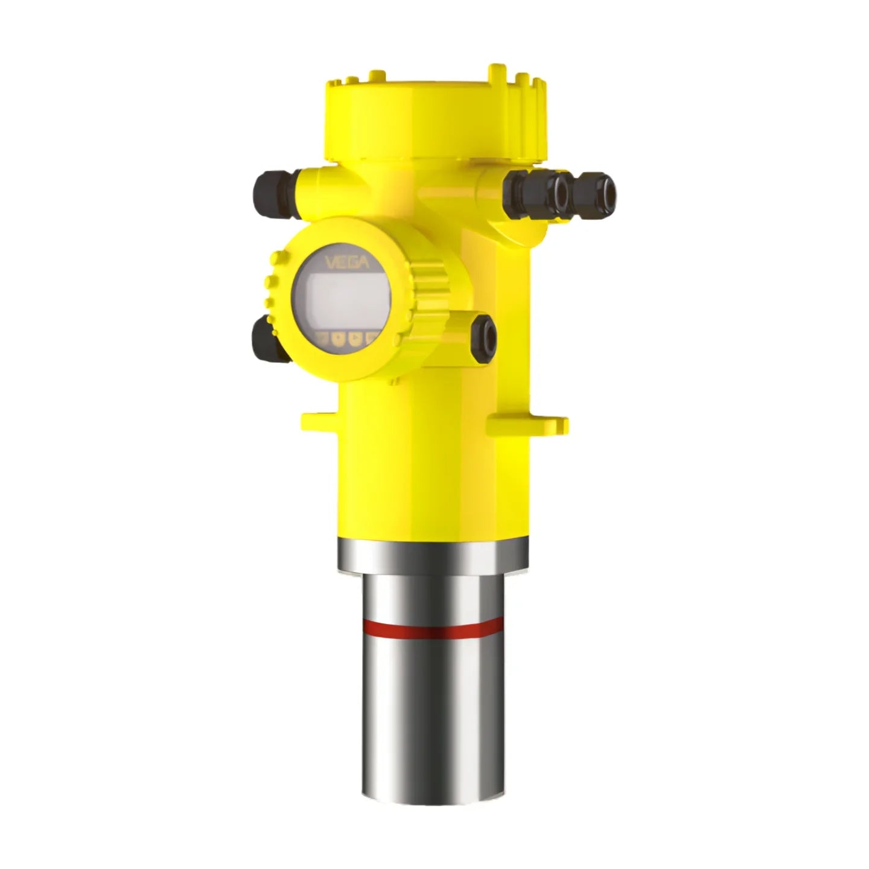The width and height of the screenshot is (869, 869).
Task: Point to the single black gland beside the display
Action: pyautogui.click(x=484, y=339)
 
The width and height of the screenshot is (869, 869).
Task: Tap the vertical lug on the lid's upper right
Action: pyautogui.click(x=496, y=75)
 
